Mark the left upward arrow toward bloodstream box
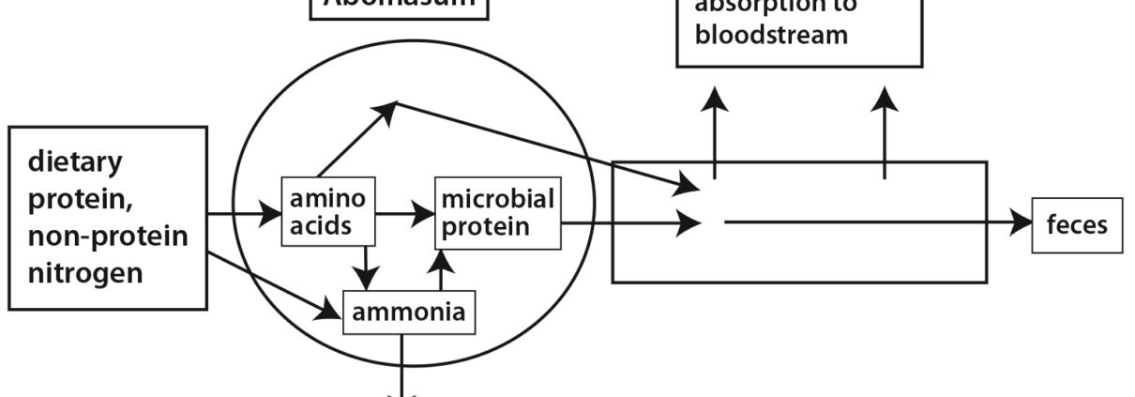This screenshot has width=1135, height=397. (716, 131)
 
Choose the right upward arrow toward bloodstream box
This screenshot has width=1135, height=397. (884, 131)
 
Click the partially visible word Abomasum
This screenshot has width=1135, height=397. (399, 6)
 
